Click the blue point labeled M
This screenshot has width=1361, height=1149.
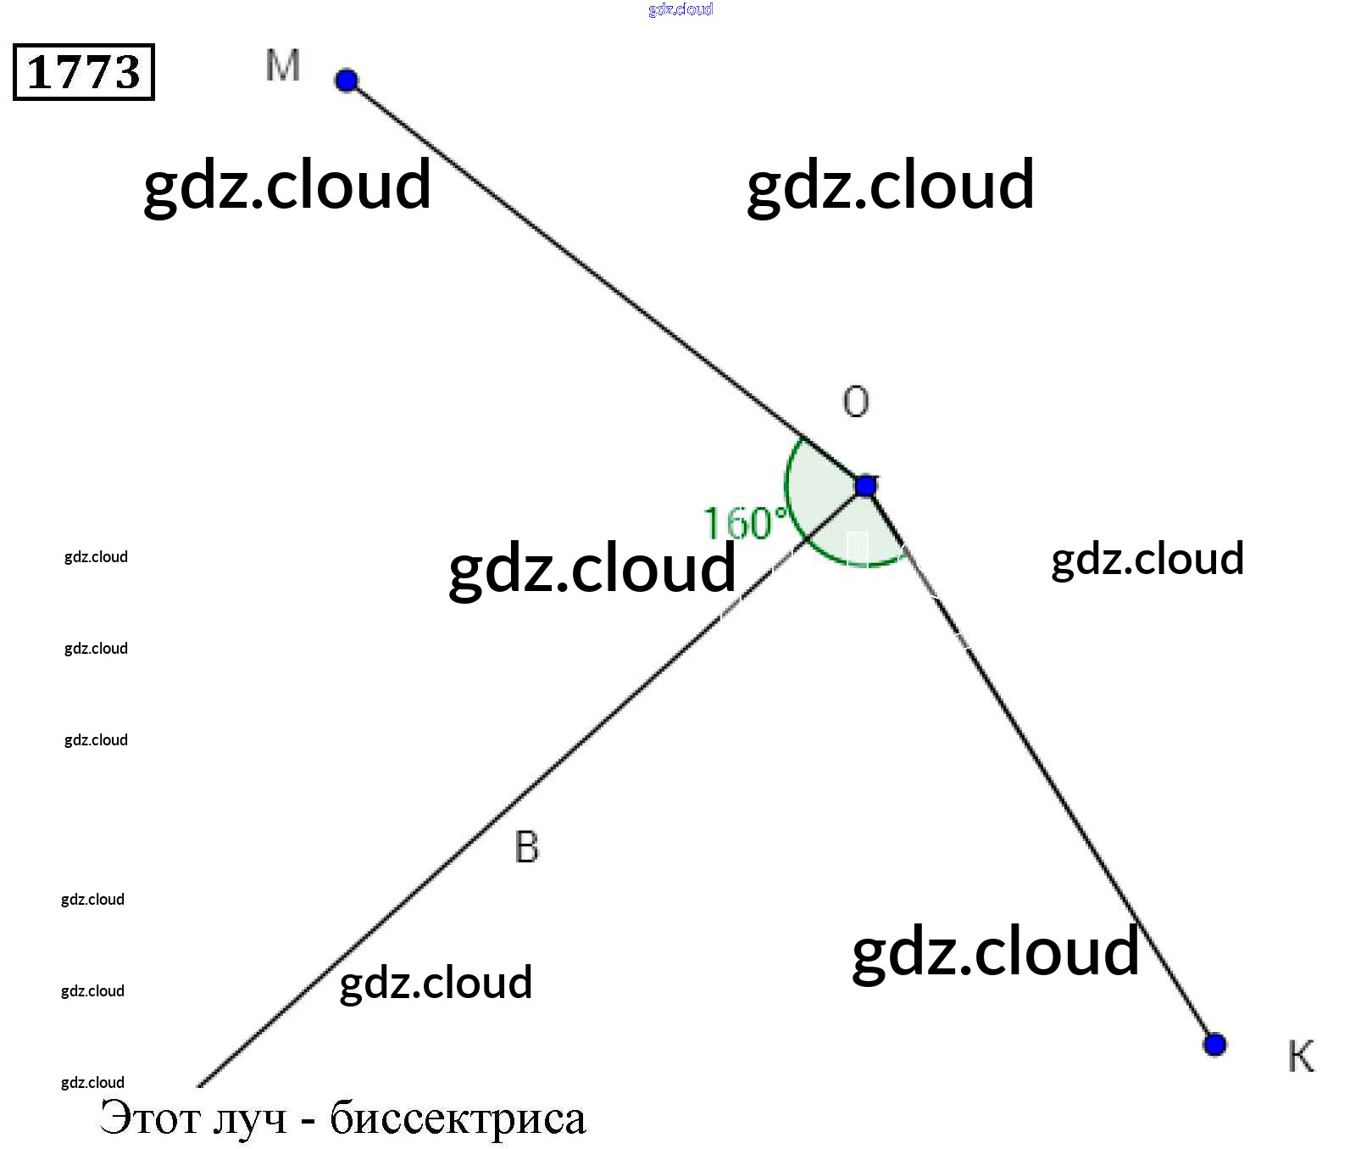click(x=347, y=81)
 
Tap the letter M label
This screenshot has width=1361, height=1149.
click(x=282, y=65)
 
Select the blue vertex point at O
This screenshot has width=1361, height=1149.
click(x=865, y=486)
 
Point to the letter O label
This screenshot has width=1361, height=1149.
click(x=856, y=401)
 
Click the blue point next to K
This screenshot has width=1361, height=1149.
click(x=1214, y=1044)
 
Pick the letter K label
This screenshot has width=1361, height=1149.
click(x=1301, y=1057)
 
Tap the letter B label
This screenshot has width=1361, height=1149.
click(x=526, y=847)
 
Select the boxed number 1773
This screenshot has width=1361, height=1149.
click(x=84, y=72)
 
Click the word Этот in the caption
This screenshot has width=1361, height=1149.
click(x=150, y=1118)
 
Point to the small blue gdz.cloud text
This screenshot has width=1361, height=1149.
click(x=680, y=9)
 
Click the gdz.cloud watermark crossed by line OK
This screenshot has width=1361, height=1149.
click(x=996, y=951)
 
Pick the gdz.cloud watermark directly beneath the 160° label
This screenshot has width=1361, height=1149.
click(x=592, y=568)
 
